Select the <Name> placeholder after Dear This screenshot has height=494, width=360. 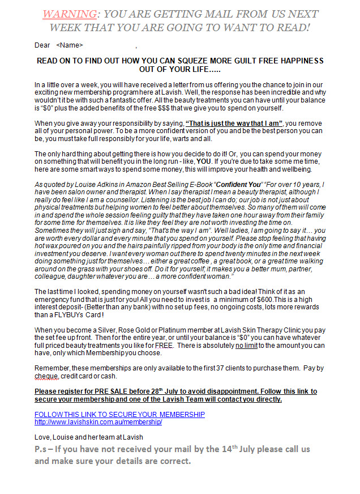pos(70,45)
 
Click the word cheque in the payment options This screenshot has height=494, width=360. pos(47,376)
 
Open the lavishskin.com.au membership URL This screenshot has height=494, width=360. pos(98,422)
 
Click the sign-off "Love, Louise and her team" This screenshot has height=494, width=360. pos(89,437)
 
